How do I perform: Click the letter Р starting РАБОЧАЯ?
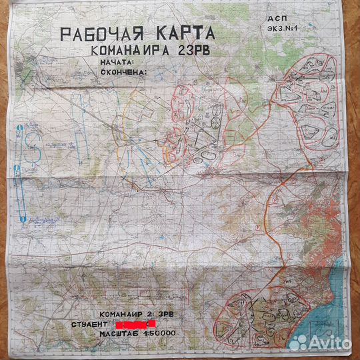(x=64, y=35)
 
